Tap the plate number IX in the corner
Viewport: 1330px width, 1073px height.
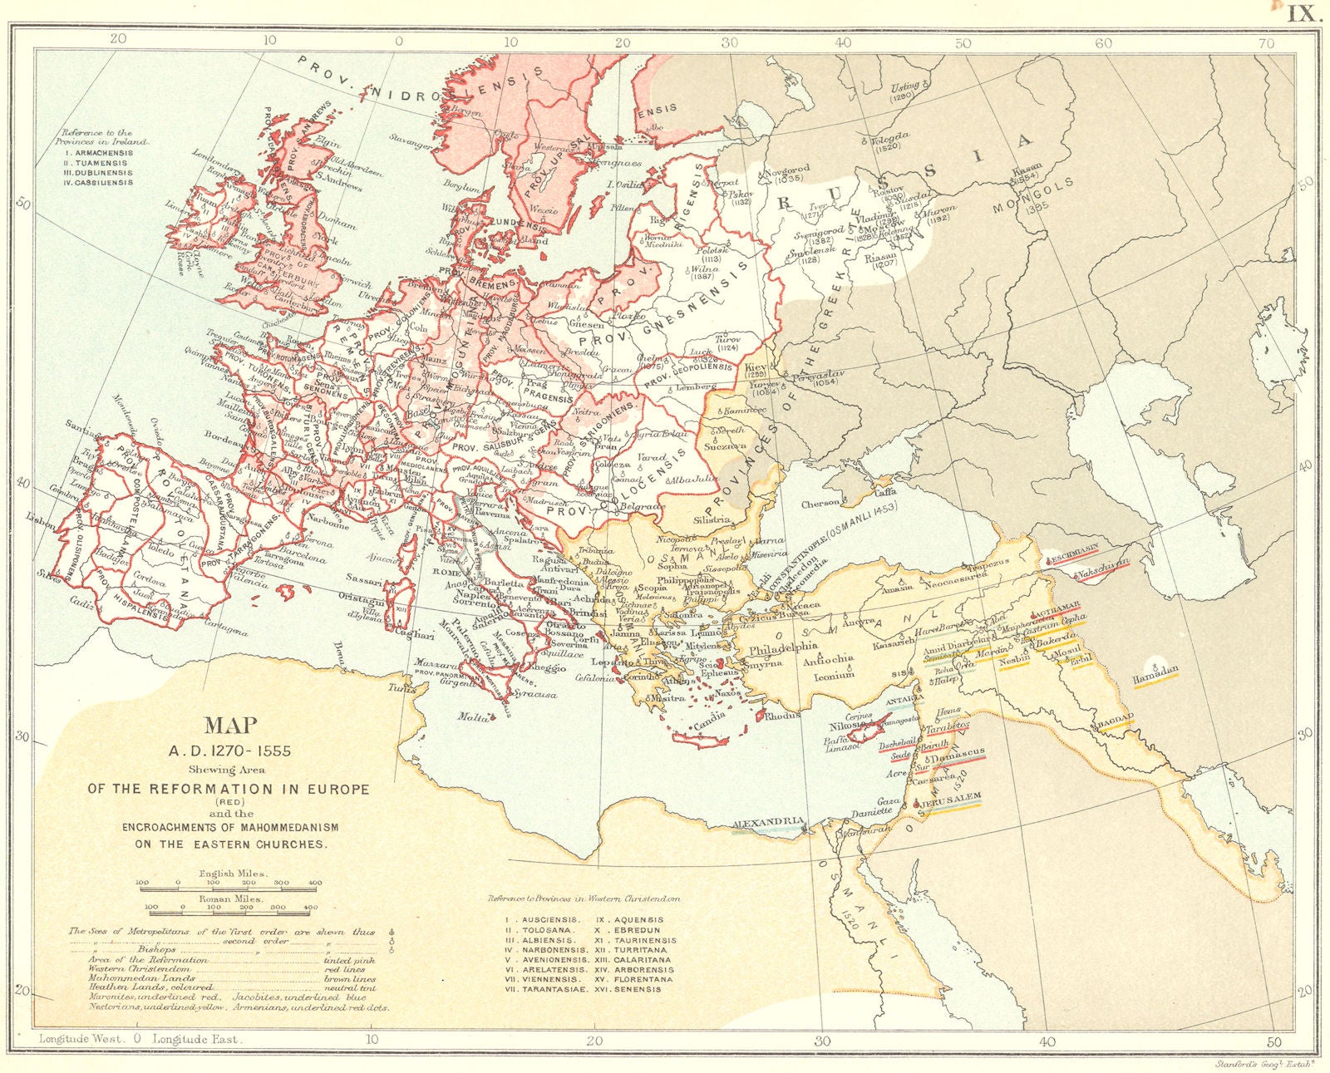[1303, 13]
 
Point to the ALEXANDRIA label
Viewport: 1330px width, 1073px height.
[769, 823]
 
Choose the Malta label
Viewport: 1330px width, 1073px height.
[471, 716]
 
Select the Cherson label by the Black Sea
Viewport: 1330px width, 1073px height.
[820, 504]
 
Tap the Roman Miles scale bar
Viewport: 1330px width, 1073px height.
[230, 908]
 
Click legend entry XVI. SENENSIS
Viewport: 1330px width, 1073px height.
[634, 990]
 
